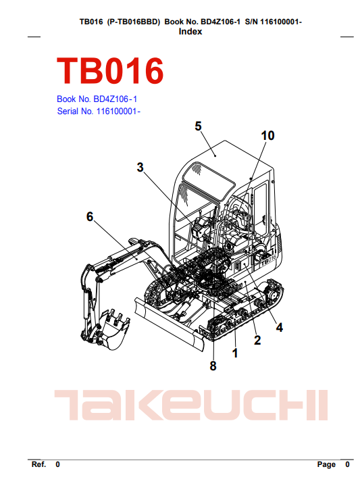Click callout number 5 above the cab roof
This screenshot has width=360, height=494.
(198, 126)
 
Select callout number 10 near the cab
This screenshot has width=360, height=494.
(267, 136)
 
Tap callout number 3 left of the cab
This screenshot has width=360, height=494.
(140, 168)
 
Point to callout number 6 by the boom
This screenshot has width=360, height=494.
(90, 217)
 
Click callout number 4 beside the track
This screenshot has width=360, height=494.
(280, 328)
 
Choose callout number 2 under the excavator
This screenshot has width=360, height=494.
(257, 340)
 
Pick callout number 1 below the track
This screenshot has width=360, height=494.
(235, 353)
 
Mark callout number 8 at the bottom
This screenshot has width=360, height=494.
(213, 366)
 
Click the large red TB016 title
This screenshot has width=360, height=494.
(110, 71)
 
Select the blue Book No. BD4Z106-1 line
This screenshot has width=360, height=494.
(97, 99)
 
